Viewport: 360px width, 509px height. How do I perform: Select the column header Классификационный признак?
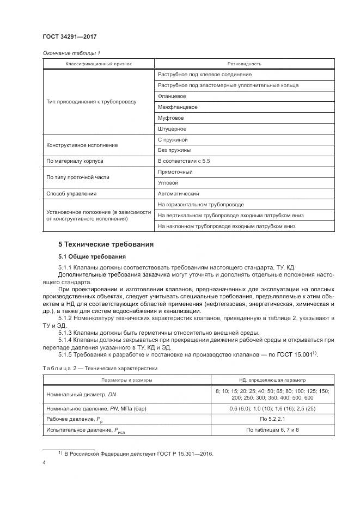tap(99, 64)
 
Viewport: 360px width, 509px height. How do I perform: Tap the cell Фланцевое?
tap(168, 96)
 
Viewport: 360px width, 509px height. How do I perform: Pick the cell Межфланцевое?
tap(178, 107)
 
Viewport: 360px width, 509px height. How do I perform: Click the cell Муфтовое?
tap(170, 118)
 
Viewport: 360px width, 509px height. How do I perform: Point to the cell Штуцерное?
tap(172, 129)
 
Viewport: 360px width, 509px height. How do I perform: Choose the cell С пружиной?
tap(172, 140)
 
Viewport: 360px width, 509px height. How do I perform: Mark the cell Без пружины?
tap(174, 150)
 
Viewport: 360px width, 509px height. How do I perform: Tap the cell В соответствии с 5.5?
tap(182, 161)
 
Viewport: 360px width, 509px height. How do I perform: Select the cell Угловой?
tap(168, 183)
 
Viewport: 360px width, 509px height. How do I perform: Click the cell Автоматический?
tap(178, 194)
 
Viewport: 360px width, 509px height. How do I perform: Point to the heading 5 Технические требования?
tap(106, 244)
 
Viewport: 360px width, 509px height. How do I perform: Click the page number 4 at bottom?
tap(44, 463)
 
